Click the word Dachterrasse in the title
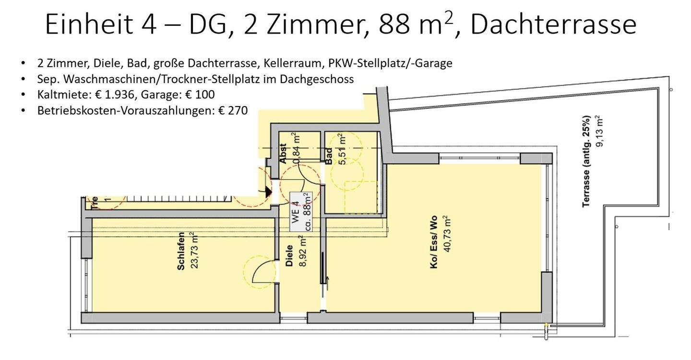click(x=553, y=25)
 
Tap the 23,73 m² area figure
click(x=194, y=251)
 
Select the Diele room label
click(x=289, y=256)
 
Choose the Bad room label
click(x=329, y=156)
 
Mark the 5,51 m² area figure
click(x=342, y=149)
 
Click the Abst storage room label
click(x=283, y=154)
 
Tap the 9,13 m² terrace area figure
click(x=598, y=131)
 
